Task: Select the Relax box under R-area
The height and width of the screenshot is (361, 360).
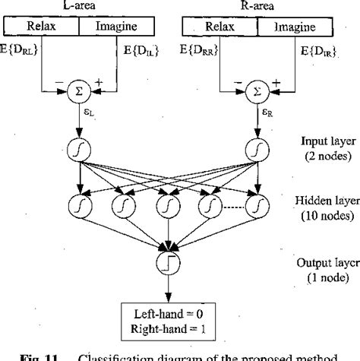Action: (219, 27)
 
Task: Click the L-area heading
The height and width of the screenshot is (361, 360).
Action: (77, 6)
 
